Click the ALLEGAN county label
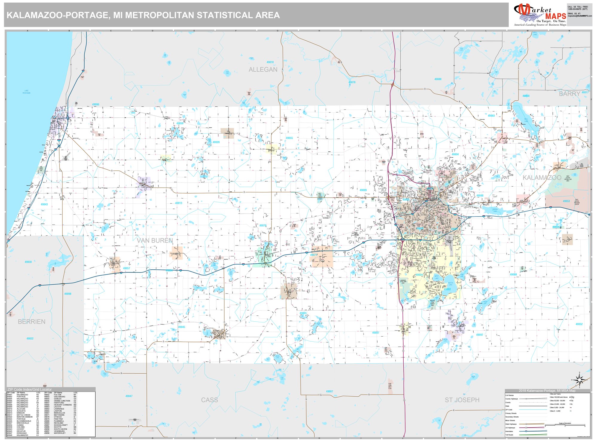pos(263,70)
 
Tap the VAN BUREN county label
pos(155,240)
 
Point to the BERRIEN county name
pos(32,322)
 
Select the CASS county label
pos(209,400)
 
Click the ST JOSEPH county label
pos(462,400)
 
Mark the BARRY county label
pos(569,94)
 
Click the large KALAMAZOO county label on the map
pos(542,178)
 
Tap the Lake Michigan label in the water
pos(26,92)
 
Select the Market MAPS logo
pos(540,15)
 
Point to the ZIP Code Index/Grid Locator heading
pos(29,389)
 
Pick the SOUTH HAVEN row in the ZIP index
pos(60,429)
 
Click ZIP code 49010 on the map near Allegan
pos(270,62)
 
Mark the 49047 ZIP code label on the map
pos(129,396)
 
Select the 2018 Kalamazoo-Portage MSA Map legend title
pos(547,391)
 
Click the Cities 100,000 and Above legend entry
pos(559,397)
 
